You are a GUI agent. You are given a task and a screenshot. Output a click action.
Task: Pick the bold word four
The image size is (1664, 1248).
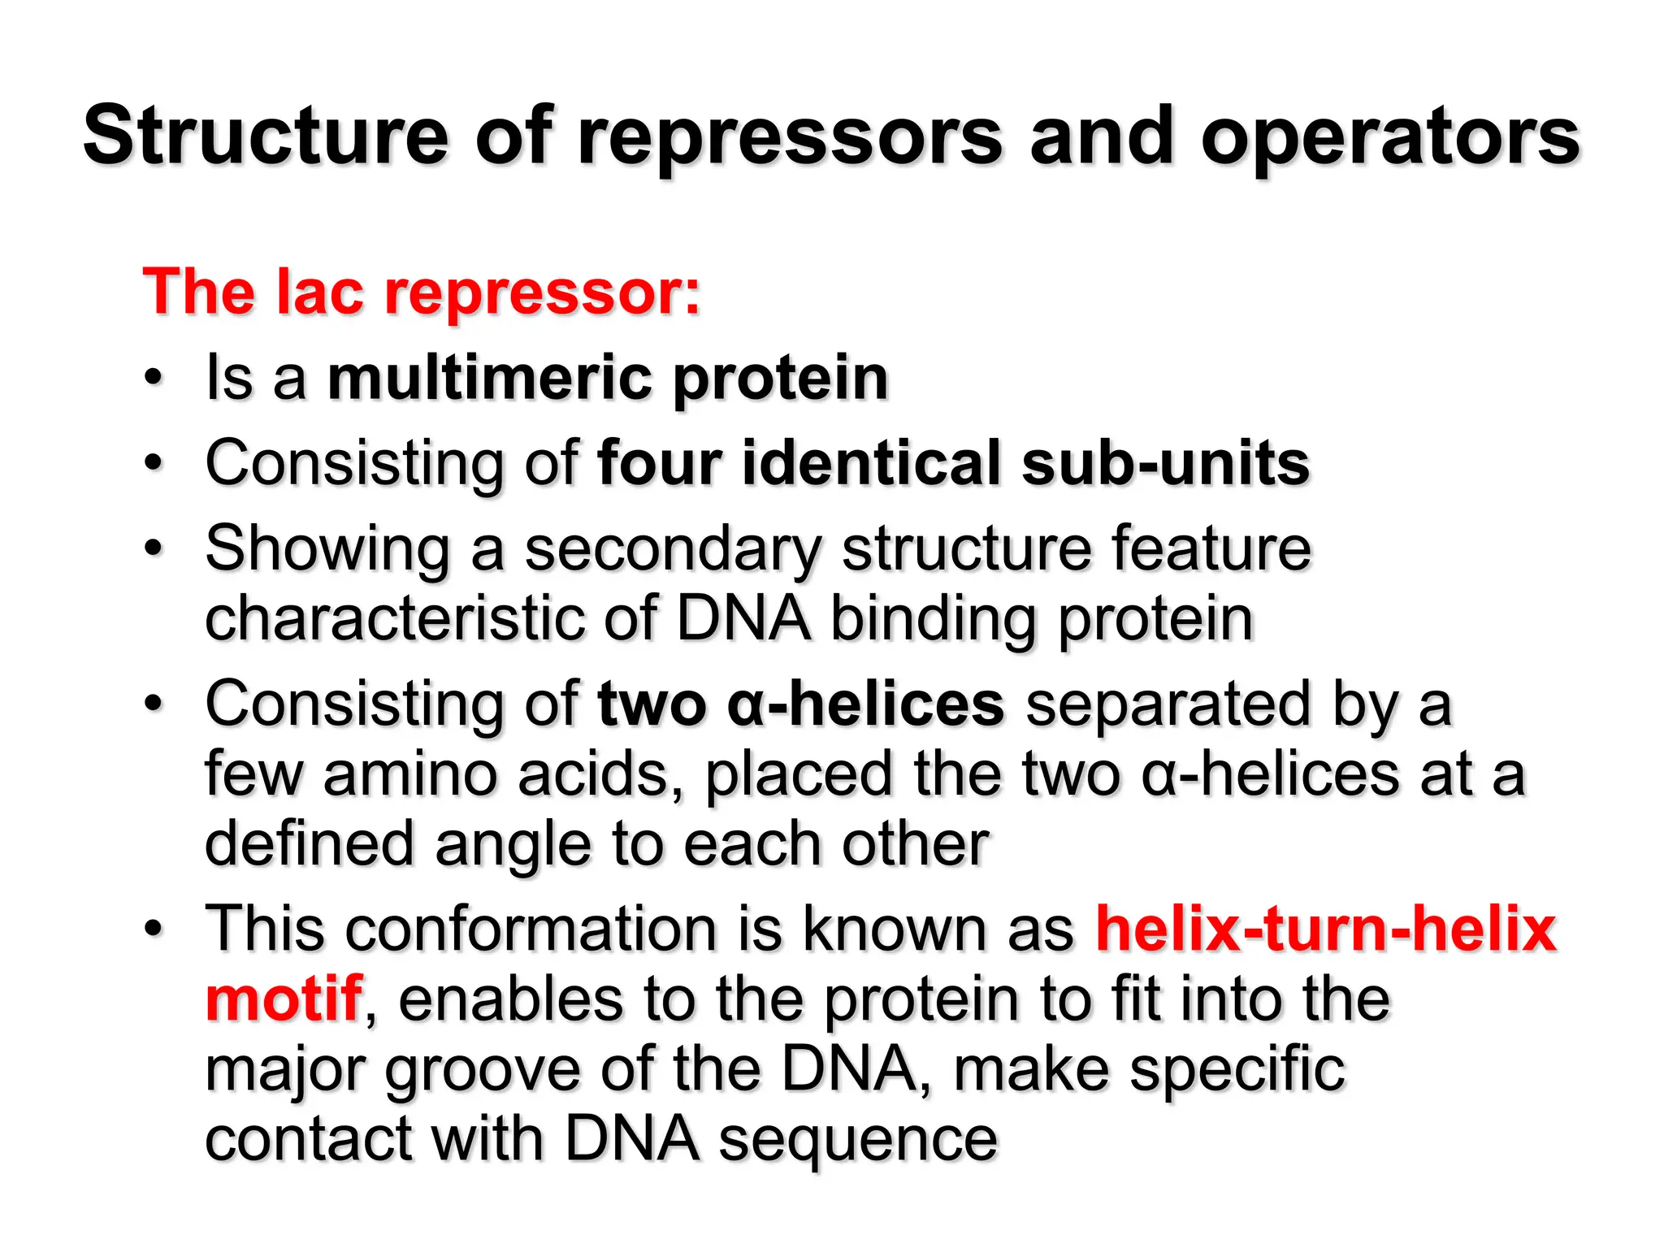click(x=660, y=462)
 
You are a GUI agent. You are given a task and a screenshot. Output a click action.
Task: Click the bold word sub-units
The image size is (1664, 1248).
click(x=1165, y=462)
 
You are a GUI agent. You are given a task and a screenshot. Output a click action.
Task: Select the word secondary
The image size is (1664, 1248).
click(x=674, y=549)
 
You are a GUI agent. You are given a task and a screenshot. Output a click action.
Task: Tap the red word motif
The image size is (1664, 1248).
click(x=283, y=999)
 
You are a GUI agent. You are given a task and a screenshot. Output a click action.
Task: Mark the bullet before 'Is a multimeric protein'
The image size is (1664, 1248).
click(x=153, y=378)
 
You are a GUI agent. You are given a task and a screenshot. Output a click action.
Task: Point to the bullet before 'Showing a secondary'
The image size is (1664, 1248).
click(x=153, y=549)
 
